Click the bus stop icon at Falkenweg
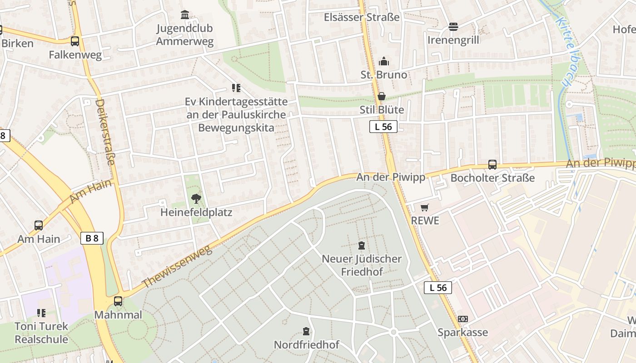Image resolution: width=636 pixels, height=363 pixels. pos(75,41)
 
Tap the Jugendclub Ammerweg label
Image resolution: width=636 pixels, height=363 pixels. pos(184,35)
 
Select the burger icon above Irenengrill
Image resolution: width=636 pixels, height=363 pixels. pos(453,27)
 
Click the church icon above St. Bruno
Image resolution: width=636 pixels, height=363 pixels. pos(384,61)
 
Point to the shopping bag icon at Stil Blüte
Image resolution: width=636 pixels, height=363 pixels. pos(382,96)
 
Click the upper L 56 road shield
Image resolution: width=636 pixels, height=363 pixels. pos(383,127)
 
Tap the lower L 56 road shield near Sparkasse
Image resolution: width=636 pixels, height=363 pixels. pos(438,287)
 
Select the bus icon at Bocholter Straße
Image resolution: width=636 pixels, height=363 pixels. pos(492,165)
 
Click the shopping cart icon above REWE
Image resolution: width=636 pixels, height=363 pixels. pos(424,207)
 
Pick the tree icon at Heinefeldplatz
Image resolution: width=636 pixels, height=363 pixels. pos(196,198)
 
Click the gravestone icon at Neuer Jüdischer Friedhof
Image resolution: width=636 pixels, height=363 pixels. pos(362,245)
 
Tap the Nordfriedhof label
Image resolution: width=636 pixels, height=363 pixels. pos(306,345)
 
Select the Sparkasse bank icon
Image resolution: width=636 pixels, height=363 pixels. pos(462,319)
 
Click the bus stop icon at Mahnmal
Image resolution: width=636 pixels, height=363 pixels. pos(118,301)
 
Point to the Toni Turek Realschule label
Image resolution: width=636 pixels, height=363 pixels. pos(41,333)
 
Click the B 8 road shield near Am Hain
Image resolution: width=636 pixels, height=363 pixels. pos(92,238)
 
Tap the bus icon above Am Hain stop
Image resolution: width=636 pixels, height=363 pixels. pos(39,225)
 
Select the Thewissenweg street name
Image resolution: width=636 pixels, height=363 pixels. pos(177,266)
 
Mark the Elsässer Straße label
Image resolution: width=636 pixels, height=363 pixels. pos(362,17)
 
